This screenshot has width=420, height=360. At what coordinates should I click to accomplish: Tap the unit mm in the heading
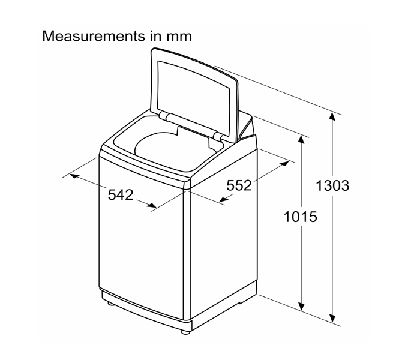pos(179,36)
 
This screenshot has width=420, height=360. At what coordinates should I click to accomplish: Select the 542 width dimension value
pos(121,194)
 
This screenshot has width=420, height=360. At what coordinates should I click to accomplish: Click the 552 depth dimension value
pos(239,185)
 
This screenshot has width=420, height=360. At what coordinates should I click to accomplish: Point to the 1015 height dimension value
pos(300,216)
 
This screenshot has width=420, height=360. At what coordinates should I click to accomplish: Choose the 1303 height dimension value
pos(332,185)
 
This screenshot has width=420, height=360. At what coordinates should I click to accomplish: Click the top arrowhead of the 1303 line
pos(332,117)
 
